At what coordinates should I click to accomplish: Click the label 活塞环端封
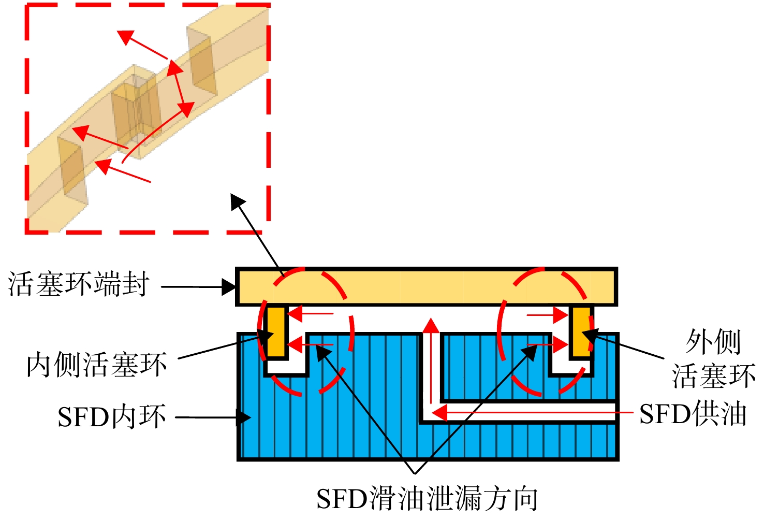[79, 284]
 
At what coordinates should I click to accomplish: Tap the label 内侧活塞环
[97, 365]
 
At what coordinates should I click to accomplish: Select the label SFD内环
[112, 416]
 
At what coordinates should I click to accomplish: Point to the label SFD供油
[693, 413]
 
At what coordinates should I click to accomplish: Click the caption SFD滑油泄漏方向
[427, 498]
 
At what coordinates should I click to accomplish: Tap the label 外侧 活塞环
[713, 359]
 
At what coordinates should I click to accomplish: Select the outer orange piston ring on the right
[581, 331]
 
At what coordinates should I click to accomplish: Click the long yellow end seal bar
[427, 286]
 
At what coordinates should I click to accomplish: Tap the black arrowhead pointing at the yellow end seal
[228, 287]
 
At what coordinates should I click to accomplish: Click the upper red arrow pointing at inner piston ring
[311, 313]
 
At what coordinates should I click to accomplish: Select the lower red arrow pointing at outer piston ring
[548, 344]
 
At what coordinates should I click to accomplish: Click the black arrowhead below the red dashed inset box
[238, 202]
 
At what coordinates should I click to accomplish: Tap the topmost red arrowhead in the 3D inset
[125, 37]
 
